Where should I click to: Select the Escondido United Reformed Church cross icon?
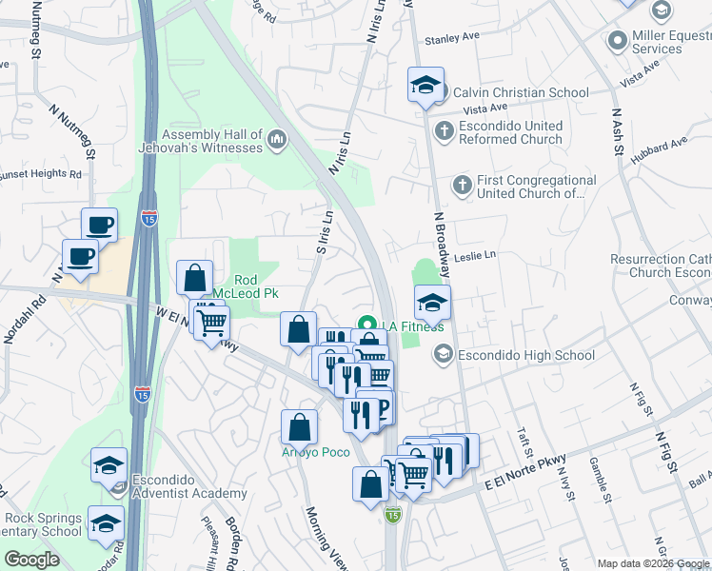coord(444,131)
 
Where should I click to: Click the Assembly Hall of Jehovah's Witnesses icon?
coord(277,141)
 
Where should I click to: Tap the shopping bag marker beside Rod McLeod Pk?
coord(194,278)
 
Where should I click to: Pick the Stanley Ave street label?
coord(452,40)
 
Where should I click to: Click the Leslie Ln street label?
coord(476,255)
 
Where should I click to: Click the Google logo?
coord(32,560)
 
